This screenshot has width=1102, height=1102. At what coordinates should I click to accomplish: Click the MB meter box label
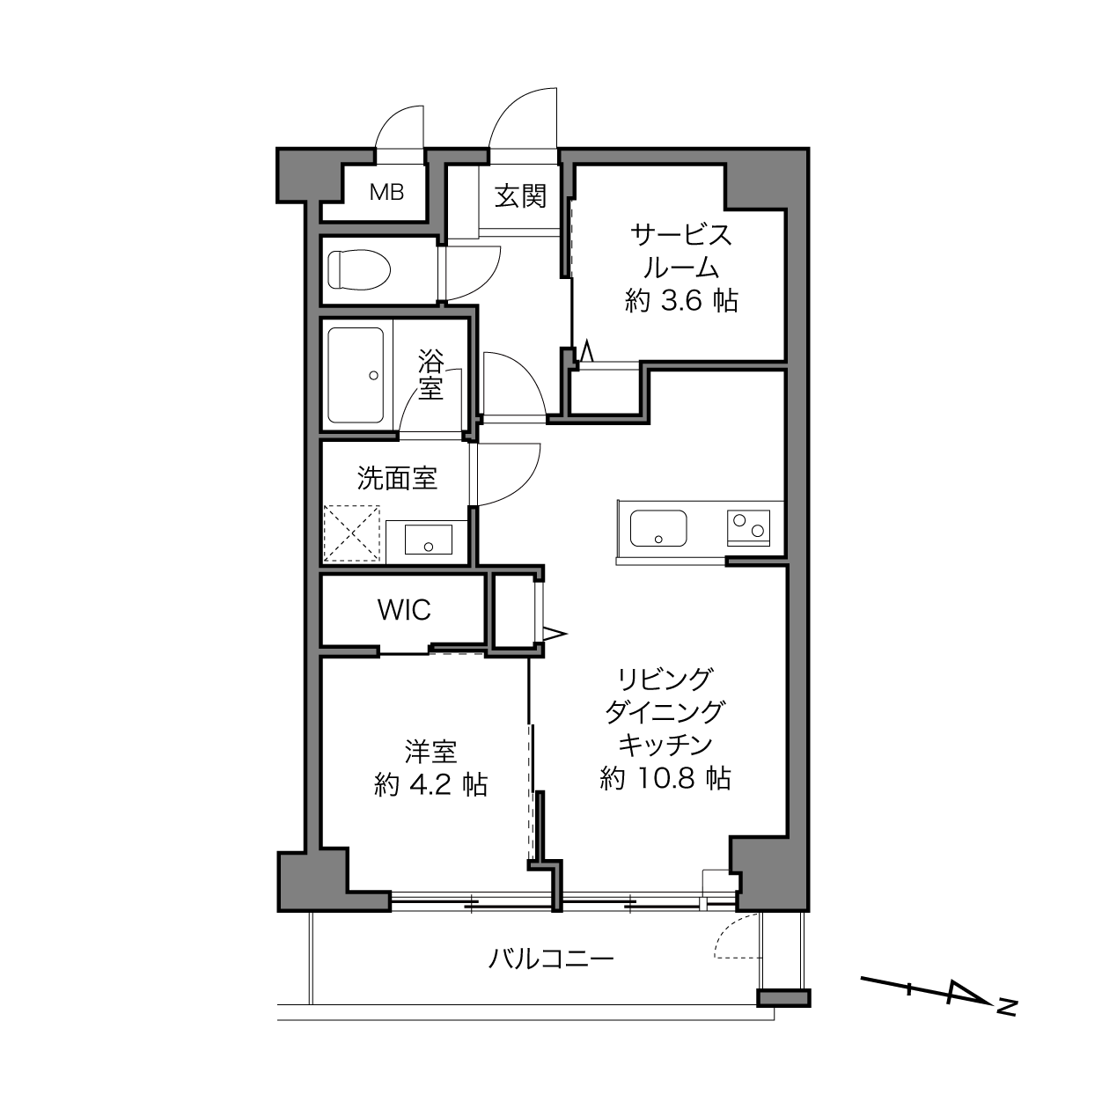(x=386, y=192)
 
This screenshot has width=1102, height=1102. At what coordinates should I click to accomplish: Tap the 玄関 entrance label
(x=520, y=196)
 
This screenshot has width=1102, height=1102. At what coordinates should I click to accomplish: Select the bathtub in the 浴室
(x=356, y=375)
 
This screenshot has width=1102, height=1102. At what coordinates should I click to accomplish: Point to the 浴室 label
(x=430, y=375)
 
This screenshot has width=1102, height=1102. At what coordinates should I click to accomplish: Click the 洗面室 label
(x=398, y=478)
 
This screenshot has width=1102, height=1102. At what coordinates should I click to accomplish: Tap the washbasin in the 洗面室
(x=429, y=540)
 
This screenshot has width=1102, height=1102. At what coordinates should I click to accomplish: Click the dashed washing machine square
(x=352, y=533)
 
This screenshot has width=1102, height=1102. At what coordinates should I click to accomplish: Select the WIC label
(x=404, y=610)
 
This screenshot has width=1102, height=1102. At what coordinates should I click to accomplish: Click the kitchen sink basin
(x=658, y=528)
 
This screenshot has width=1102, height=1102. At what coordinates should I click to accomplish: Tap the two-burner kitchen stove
(x=748, y=527)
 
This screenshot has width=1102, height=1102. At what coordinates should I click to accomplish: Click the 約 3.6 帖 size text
(x=681, y=301)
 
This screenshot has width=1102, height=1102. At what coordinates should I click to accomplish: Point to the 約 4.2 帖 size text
(x=430, y=784)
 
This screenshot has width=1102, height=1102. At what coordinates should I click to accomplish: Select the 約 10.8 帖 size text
(x=665, y=778)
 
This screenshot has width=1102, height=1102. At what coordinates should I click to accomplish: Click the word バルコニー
(x=551, y=959)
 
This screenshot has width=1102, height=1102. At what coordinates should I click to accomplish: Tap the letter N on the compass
(x=1007, y=1007)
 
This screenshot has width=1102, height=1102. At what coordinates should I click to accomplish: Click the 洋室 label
(x=430, y=752)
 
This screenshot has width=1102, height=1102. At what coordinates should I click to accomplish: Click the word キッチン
(x=665, y=745)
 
